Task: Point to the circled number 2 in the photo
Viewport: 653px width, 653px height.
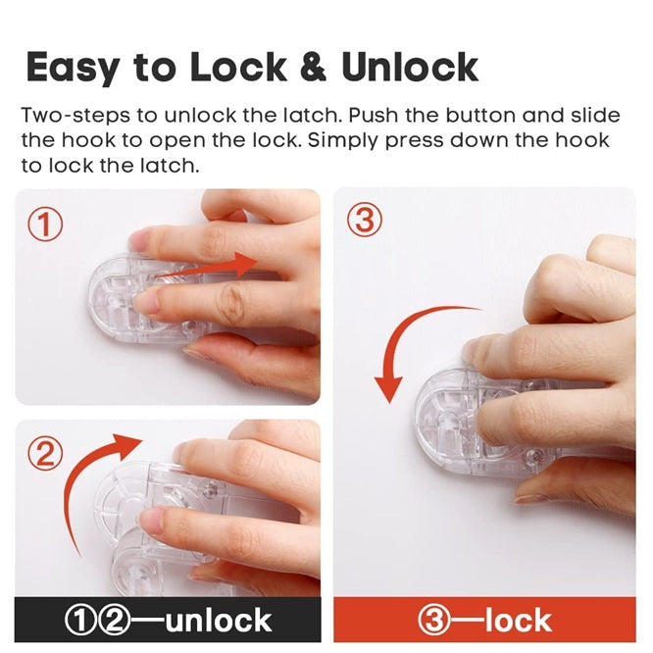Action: tap(45, 453)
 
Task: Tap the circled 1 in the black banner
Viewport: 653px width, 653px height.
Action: tap(81, 620)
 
